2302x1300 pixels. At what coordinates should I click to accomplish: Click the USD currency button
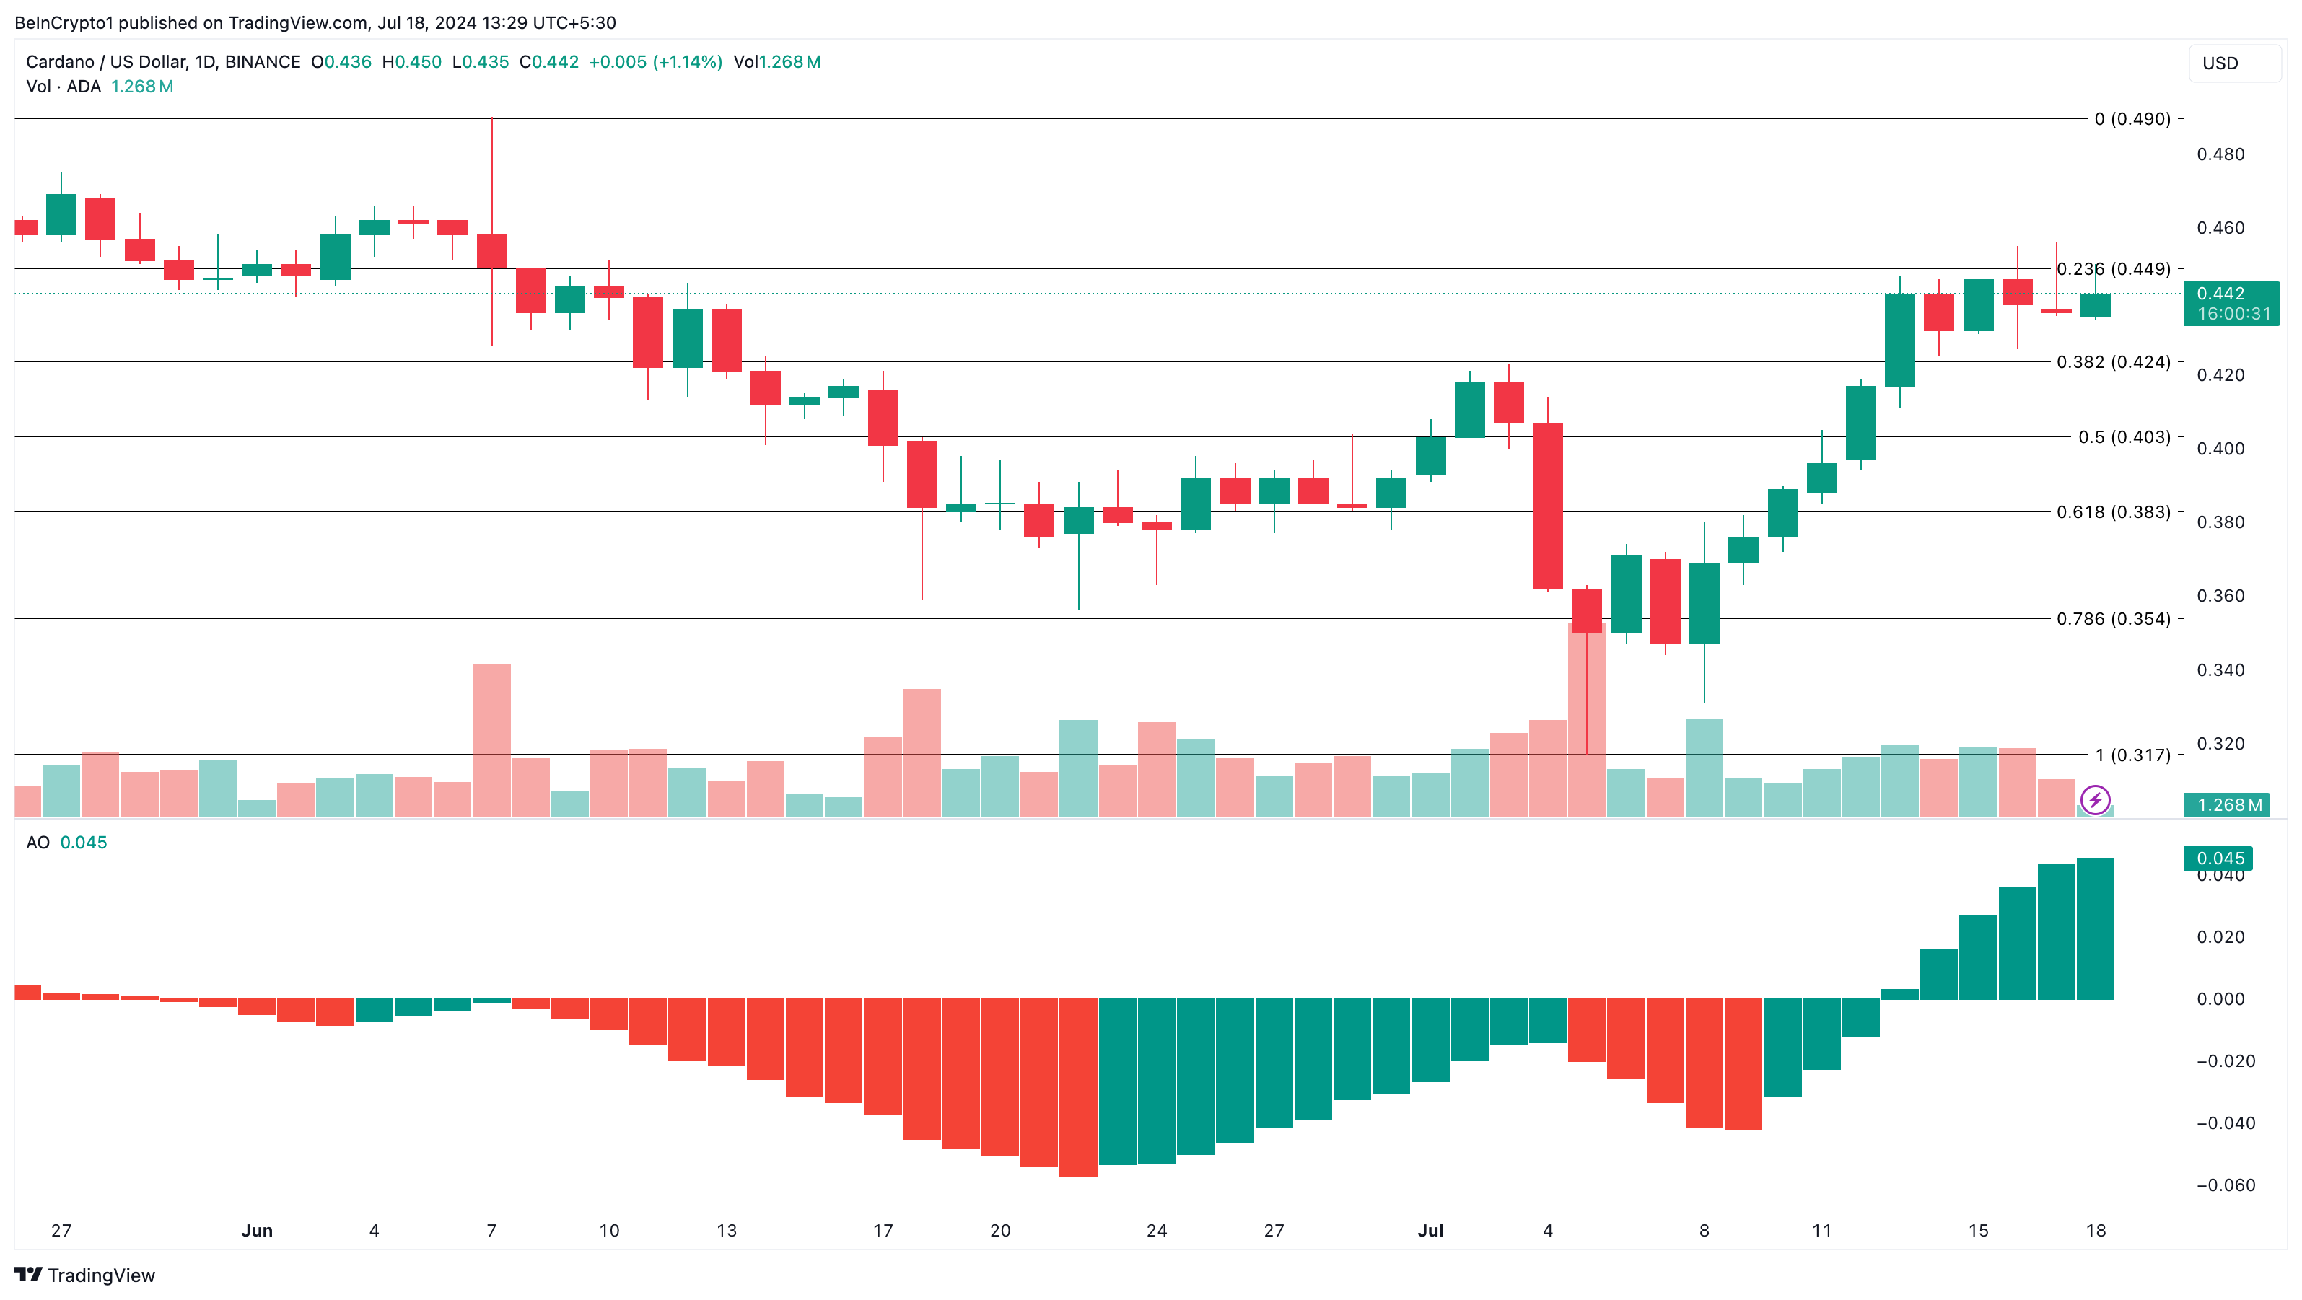click(x=2232, y=63)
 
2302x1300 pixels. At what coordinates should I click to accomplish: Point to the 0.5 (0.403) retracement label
click(x=2123, y=437)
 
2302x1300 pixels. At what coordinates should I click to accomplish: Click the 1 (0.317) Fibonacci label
click(x=2132, y=755)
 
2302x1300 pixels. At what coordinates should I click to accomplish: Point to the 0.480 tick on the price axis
click(x=2220, y=154)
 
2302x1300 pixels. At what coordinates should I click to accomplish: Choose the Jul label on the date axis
click(x=1430, y=1230)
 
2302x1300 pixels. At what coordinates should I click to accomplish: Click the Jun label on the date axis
click(x=256, y=1230)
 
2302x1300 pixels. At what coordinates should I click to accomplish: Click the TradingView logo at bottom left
click(x=85, y=1275)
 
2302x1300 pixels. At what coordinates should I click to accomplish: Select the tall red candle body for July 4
click(x=1547, y=506)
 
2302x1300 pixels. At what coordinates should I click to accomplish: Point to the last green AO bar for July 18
click(x=2095, y=929)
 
